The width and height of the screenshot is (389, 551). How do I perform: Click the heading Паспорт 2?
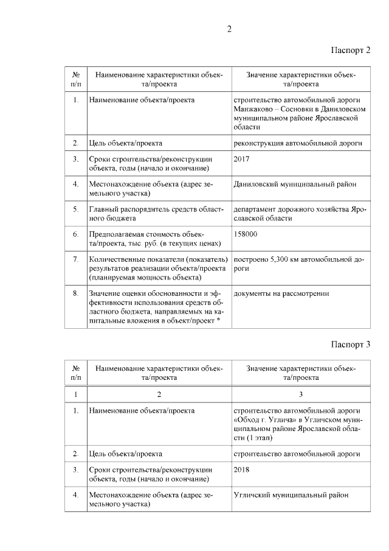point(351,49)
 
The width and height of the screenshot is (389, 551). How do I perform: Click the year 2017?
point(241,160)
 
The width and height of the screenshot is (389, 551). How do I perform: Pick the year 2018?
point(241,469)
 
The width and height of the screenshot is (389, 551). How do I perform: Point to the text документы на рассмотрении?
point(281,293)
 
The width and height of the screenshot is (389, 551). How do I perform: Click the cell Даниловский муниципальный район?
point(294,183)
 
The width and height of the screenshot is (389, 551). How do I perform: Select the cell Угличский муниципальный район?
point(291,495)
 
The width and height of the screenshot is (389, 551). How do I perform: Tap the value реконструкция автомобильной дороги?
point(298,144)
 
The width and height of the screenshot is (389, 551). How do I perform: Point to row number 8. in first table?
point(75,293)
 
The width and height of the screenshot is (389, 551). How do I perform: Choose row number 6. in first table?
point(75,234)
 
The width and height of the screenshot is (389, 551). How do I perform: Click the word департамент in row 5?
point(256,209)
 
